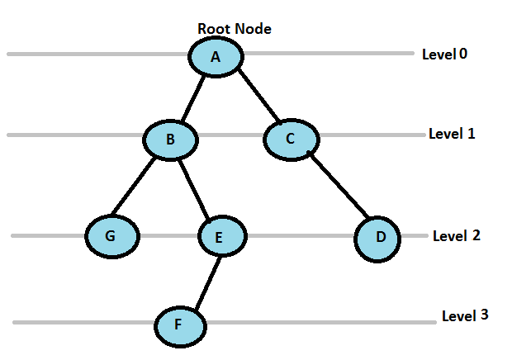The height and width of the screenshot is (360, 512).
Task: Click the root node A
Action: pos(216,57)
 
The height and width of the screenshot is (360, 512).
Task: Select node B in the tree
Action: pos(170,140)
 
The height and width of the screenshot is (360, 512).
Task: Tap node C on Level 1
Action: pos(290,138)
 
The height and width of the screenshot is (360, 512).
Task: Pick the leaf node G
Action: pos(111,235)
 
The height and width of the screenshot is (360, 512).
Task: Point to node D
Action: pos(380,238)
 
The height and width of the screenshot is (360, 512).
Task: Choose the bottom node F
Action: pos(179,325)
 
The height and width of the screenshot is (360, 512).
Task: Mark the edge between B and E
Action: pos(197,188)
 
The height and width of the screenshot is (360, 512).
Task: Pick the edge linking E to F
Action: pos(203,281)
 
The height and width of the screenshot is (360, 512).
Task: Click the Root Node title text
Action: pos(235,28)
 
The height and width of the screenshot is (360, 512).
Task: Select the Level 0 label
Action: pos(444,54)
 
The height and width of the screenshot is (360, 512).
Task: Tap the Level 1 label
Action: pos(452,133)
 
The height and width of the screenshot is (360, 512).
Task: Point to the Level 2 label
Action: pos(457,235)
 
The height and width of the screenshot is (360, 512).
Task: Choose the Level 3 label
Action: pos(465,315)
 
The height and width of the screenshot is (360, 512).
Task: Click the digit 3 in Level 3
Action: pos(484,315)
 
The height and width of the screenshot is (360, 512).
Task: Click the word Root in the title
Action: pos(213,28)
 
